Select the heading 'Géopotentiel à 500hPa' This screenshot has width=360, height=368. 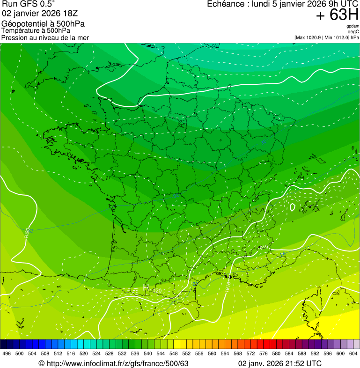[x=43, y=24]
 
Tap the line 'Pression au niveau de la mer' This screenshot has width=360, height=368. [x=45, y=37]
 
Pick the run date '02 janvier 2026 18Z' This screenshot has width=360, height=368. [x=44, y=13]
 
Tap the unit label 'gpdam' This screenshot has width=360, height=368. [x=353, y=26]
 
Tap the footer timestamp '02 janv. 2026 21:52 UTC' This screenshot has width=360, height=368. [x=280, y=363]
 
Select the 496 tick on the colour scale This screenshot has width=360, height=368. [x=7, y=354]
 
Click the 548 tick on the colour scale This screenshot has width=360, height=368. [x=174, y=354]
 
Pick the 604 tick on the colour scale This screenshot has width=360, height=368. [x=353, y=354]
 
